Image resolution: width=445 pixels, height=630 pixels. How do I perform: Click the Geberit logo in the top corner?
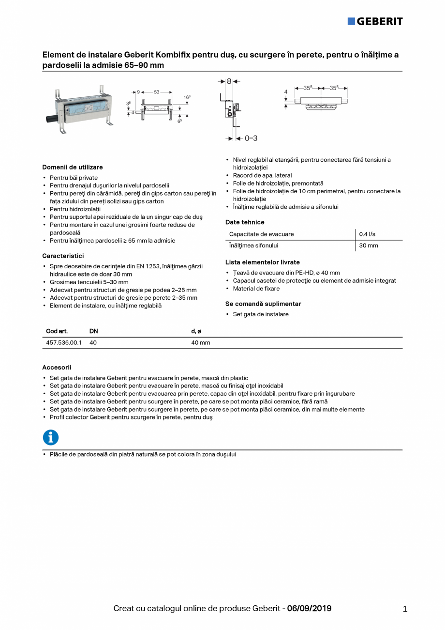click(x=375, y=21)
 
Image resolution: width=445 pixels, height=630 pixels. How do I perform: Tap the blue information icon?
click(x=51, y=437)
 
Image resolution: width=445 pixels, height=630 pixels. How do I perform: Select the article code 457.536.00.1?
click(x=63, y=343)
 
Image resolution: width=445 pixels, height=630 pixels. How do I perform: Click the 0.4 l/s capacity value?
click(x=367, y=234)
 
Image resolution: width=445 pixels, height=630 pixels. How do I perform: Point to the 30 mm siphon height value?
click(x=368, y=246)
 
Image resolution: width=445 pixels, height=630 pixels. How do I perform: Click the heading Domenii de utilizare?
click(x=72, y=167)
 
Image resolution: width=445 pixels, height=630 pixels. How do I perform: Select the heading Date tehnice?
click(x=245, y=222)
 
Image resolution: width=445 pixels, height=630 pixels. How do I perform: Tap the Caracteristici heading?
click(x=63, y=256)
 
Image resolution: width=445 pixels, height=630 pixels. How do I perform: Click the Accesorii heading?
click(x=57, y=368)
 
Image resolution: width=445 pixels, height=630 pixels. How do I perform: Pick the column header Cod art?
click(x=57, y=331)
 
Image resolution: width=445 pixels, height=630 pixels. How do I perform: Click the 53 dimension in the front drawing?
click(x=157, y=92)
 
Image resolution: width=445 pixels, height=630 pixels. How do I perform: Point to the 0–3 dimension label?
click(x=251, y=138)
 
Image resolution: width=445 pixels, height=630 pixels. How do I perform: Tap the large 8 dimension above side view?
click(x=229, y=81)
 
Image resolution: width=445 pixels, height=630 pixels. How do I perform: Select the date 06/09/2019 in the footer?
click(x=309, y=608)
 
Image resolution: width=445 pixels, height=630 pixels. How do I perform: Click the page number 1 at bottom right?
click(x=405, y=609)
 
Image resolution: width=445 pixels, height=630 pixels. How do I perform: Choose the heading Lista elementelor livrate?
click(x=262, y=262)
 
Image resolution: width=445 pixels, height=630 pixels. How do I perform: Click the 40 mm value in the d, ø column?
click(x=200, y=343)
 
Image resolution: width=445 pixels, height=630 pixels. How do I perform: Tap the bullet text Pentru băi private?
click(x=74, y=178)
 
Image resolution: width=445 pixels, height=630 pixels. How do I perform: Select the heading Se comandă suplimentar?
click(x=263, y=304)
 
